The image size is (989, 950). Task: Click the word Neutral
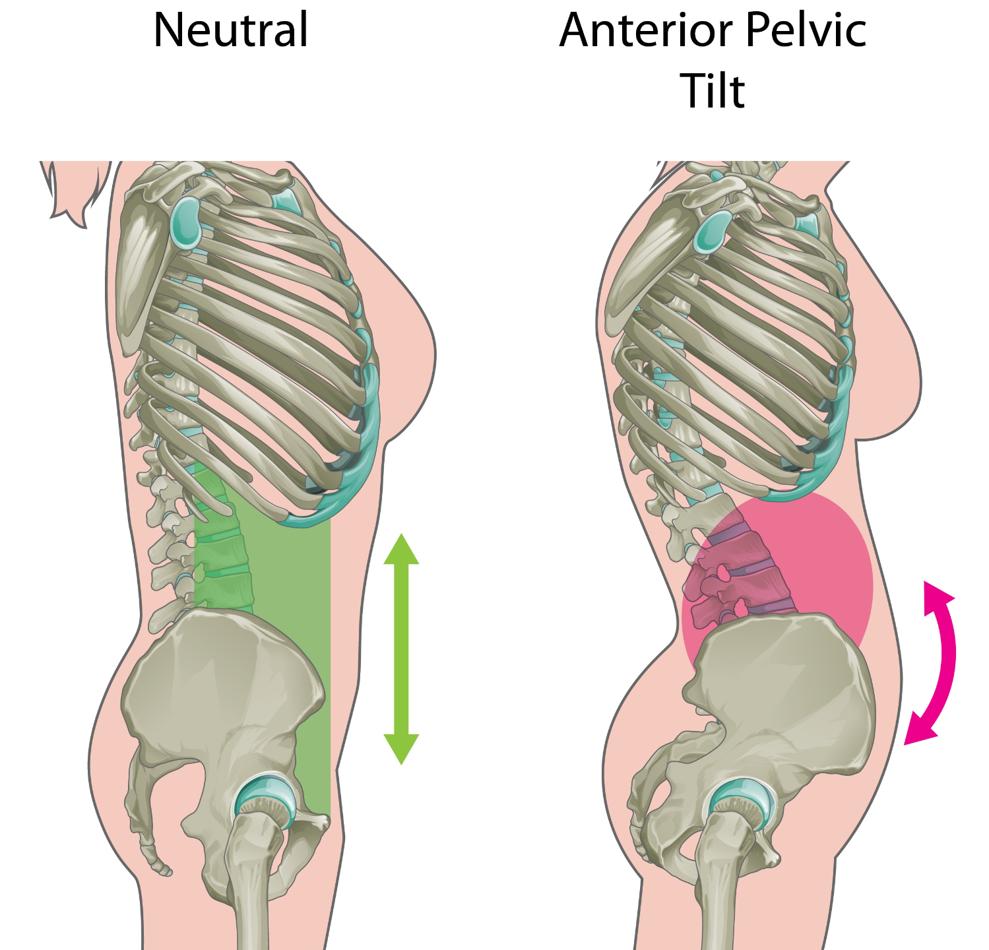pyautogui.click(x=230, y=30)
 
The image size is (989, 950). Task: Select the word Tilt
pyautogui.click(x=713, y=91)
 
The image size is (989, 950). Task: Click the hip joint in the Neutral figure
pyautogui.click(x=265, y=800)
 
